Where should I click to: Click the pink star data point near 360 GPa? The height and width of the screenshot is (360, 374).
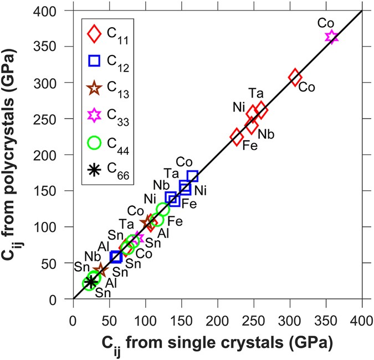coord(331,37)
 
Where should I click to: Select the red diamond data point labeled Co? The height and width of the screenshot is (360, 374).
coord(295,77)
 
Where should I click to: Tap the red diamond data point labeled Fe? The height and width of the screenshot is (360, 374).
coord(237,136)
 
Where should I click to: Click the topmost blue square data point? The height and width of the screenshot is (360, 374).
coord(193,176)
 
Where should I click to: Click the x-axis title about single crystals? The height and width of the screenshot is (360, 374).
coord(217,342)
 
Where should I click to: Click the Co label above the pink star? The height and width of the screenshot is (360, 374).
coord(326,23)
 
